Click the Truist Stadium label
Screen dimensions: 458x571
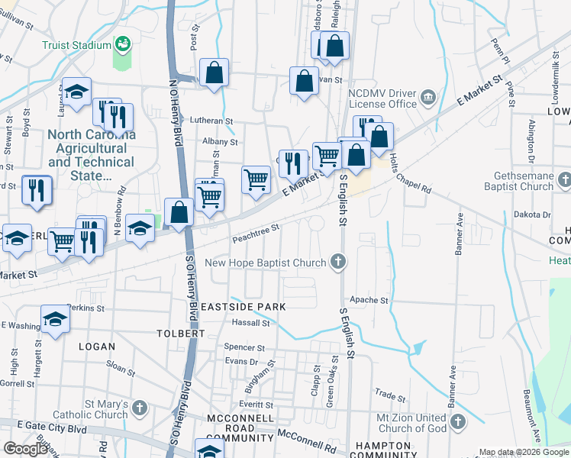click(x=77, y=45)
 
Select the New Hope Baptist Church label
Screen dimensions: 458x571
click(x=266, y=263)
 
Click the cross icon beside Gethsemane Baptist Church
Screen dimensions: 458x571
click(x=564, y=181)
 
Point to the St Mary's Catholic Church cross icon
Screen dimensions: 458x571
click(x=138, y=408)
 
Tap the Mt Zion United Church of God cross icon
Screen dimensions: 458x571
click(x=457, y=422)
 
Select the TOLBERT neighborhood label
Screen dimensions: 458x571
click(x=180, y=334)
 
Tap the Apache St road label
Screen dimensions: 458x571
click(x=369, y=301)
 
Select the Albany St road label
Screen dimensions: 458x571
click(x=221, y=142)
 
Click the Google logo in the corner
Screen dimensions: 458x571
click(x=25, y=449)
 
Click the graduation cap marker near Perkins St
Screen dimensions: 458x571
click(x=55, y=319)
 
